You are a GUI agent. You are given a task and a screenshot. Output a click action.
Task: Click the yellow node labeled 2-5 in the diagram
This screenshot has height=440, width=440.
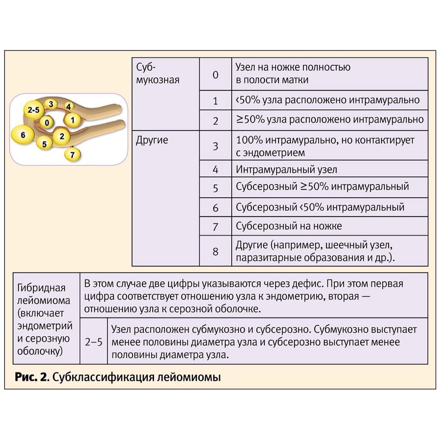pos(33,110)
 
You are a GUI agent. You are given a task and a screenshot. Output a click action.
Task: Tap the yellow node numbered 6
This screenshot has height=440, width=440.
pos(23,135)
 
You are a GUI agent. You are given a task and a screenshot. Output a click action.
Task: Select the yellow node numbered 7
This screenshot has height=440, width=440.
pos(72,155)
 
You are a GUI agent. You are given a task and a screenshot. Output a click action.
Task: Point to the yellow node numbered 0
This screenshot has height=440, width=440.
pos(47,122)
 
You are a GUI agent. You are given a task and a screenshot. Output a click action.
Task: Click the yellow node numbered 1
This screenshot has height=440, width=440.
pos(73,120)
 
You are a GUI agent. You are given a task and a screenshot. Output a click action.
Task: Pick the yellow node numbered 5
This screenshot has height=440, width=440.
pos(44,144)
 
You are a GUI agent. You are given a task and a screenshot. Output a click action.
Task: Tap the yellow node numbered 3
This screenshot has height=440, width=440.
pos(51,104)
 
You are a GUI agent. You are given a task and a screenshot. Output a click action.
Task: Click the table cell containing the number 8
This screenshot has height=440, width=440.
pos(215,252)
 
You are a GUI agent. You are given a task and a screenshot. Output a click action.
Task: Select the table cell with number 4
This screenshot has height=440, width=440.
pos(215,169)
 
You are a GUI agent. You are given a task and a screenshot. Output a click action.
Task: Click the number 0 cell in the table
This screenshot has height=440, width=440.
pos(215,75)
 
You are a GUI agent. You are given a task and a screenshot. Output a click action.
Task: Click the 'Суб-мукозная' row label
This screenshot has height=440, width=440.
pos(157,74)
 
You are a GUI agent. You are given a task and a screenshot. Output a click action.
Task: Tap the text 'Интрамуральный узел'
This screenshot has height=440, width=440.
pos(286,170)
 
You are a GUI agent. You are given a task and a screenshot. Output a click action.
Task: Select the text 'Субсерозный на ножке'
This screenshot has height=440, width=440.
pos(289,226)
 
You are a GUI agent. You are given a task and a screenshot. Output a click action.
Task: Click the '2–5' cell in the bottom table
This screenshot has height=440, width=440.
pos(93,342)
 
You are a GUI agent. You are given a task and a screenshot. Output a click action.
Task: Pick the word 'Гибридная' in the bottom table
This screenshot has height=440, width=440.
pos(41,288)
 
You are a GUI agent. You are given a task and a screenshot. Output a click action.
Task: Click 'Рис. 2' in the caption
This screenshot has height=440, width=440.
pos(32,377)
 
